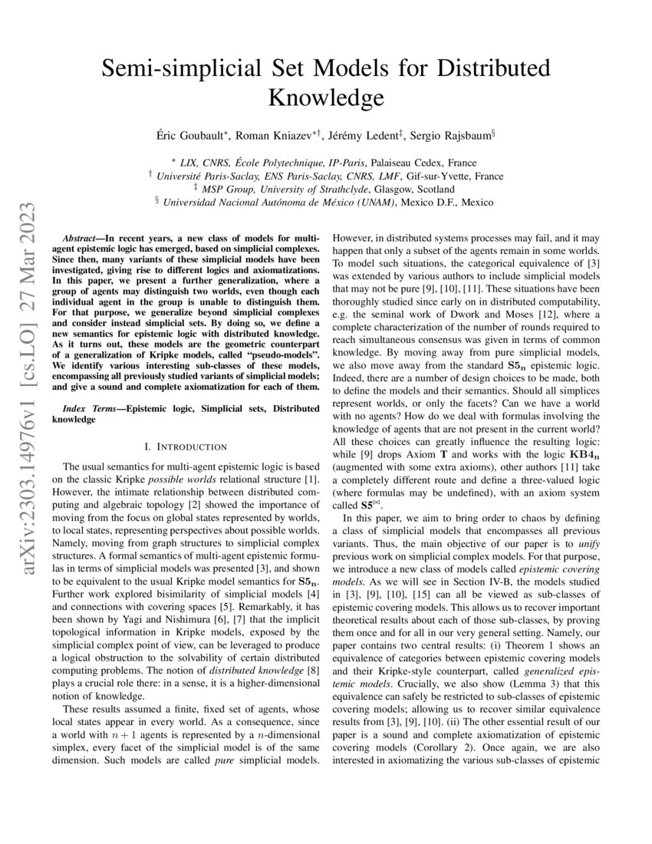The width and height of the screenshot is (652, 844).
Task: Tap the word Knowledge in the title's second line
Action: (326, 98)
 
